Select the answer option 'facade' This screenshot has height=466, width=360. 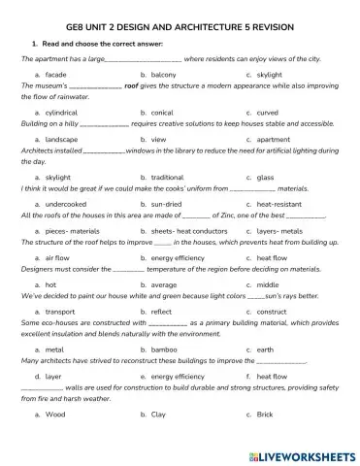[x=56, y=74]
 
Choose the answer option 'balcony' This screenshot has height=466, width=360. [x=164, y=74]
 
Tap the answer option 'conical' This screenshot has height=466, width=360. [x=162, y=113]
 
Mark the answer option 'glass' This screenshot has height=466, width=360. [x=266, y=178]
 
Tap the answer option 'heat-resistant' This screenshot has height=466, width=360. [x=279, y=204]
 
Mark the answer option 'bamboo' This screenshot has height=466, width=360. [x=164, y=349]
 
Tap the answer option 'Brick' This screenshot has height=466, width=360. [x=265, y=414]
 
